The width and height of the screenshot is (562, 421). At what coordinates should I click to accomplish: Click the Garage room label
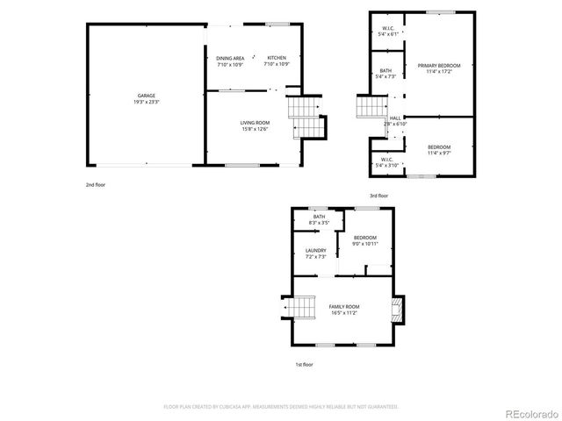147,98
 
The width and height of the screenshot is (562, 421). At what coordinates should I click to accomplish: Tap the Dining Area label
230,61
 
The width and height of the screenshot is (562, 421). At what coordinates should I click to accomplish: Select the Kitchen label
277,61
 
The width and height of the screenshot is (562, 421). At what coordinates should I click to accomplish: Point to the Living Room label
255,125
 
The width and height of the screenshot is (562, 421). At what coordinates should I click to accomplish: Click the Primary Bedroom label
439,68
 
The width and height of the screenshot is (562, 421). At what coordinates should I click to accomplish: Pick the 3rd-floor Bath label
385,74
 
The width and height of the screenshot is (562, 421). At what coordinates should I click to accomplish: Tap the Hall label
395,120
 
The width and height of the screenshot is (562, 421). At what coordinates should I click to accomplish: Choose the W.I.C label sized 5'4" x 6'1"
387,31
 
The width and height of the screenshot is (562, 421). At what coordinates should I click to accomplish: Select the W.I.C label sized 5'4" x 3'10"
387,162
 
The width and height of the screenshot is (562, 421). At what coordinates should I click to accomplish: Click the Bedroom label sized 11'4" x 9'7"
439,149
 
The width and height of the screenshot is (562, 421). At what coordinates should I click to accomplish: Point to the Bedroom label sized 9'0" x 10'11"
364,240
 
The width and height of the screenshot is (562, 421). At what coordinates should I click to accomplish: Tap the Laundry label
315,253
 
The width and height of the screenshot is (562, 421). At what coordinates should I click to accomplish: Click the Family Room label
344,309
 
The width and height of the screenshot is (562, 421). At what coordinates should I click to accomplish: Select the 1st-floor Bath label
319,219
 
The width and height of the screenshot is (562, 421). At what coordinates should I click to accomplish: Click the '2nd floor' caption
96,185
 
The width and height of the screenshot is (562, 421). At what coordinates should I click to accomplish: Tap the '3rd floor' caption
378,195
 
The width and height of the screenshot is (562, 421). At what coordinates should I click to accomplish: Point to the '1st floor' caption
303,363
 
